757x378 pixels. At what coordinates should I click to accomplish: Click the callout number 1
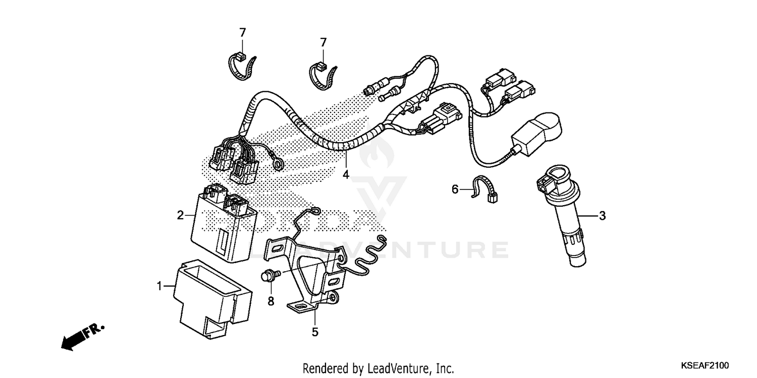pyautogui.click(x=159, y=286)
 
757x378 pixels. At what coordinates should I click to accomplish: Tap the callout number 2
pyautogui.click(x=180, y=215)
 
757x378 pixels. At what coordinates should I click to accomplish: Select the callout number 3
pyautogui.click(x=602, y=216)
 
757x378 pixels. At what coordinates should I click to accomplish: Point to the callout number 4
pyautogui.click(x=346, y=175)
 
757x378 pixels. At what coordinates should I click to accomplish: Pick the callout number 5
pyautogui.click(x=315, y=332)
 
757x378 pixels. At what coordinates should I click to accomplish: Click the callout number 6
pyautogui.click(x=455, y=189)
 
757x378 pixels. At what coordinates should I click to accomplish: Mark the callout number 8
pyautogui.click(x=271, y=301)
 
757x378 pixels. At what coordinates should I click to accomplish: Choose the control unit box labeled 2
pyautogui.click(x=222, y=224)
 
